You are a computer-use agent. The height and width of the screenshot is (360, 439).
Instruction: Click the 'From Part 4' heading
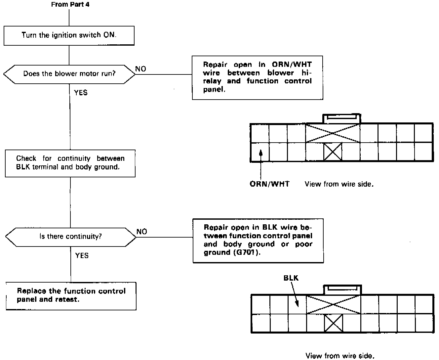[70, 5]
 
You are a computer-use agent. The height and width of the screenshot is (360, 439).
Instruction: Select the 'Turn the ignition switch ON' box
[69, 35]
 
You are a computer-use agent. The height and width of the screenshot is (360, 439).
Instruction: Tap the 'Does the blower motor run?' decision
[69, 73]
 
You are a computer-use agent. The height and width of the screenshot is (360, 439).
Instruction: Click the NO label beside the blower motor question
[140, 69]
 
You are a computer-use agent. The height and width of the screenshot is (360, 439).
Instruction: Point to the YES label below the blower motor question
[81, 93]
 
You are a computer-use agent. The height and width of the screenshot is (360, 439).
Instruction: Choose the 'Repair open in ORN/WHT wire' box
[257, 77]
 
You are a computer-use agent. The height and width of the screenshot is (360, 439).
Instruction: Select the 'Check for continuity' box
[70, 163]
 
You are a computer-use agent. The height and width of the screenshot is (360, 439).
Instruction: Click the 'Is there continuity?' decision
[70, 237]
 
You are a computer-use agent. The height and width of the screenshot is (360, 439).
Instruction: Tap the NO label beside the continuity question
[141, 232]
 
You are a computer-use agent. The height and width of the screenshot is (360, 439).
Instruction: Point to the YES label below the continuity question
[82, 255]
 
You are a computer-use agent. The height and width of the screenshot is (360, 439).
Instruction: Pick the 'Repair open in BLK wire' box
[258, 240]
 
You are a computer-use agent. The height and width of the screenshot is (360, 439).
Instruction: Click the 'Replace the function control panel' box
[71, 295]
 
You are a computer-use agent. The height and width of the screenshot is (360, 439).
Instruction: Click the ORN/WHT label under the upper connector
[269, 184]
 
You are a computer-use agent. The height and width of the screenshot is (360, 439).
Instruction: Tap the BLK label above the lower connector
[291, 278]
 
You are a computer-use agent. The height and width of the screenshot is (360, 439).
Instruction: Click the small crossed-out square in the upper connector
[333, 152]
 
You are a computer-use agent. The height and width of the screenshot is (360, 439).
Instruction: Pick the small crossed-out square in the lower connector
[333, 323]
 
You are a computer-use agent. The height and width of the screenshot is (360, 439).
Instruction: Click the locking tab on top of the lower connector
[342, 290]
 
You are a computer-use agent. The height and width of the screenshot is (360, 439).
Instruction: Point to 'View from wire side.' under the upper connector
[339, 184]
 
